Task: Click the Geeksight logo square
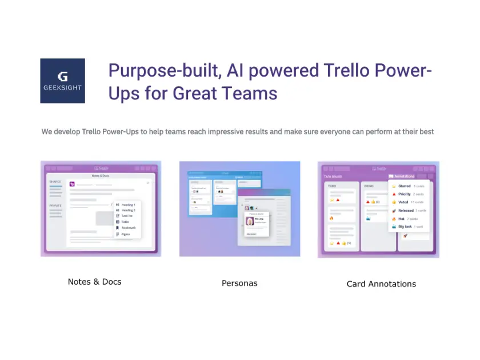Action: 62,81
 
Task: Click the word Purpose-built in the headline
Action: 163,71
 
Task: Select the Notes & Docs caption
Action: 94,282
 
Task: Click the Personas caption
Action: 239,283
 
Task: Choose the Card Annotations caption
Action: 381,283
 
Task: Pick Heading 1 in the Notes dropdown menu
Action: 128,205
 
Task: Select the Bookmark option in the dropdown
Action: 129,227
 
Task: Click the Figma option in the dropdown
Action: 126,234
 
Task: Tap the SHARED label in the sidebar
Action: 55,182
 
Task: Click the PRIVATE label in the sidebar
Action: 55,205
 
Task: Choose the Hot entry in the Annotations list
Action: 401,219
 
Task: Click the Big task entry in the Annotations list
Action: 405,227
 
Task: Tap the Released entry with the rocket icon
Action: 406,210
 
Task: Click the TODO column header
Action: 331,186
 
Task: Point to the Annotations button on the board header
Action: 402,177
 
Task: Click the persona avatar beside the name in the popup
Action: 249,222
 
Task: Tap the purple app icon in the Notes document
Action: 72,184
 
